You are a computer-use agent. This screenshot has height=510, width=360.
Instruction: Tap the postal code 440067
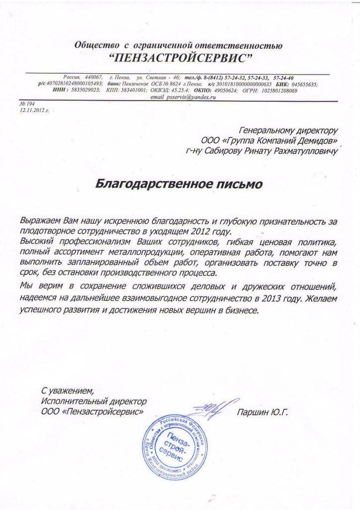(93, 78)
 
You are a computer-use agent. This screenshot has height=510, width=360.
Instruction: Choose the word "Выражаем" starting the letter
(41, 220)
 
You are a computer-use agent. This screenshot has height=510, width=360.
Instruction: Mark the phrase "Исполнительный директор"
(94, 401)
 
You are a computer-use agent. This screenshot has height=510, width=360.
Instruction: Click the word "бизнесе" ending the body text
(242, 309)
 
